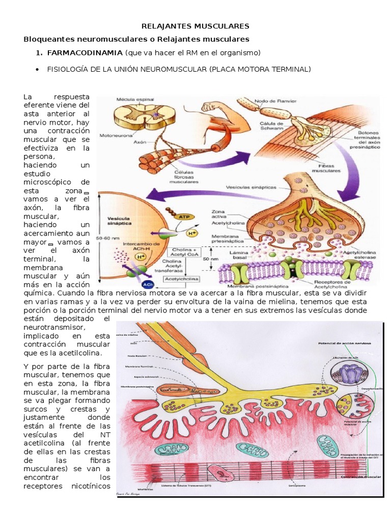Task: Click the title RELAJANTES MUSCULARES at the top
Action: (x=195, y=25)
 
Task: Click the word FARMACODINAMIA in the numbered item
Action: (x=85, y=53)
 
